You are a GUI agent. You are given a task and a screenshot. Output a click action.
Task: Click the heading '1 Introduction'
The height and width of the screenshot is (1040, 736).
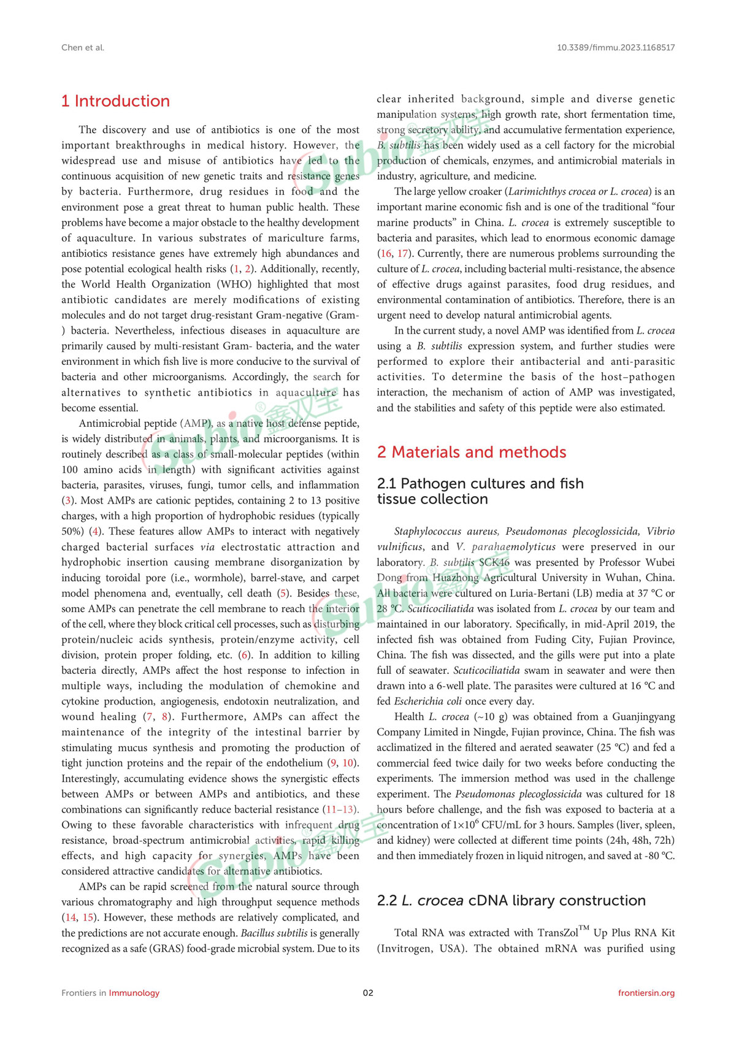115,101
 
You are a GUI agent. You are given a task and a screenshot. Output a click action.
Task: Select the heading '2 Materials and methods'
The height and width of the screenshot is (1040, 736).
471,453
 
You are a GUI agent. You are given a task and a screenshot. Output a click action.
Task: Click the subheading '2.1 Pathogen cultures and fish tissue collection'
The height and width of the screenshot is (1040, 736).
480,491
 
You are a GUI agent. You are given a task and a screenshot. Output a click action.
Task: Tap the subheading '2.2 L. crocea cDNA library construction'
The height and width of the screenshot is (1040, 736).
511,901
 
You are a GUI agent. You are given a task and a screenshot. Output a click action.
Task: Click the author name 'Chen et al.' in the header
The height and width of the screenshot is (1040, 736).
83,47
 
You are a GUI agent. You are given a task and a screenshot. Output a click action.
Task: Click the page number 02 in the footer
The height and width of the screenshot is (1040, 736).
368,993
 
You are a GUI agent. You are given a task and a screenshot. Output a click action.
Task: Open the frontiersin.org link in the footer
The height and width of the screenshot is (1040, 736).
646,993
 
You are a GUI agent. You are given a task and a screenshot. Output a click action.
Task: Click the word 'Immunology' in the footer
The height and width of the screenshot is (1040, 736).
134,993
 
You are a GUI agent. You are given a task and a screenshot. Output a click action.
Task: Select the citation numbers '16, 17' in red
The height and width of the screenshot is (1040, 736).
394,254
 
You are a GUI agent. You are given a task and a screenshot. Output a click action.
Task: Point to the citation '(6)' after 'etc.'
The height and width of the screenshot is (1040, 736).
245,655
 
